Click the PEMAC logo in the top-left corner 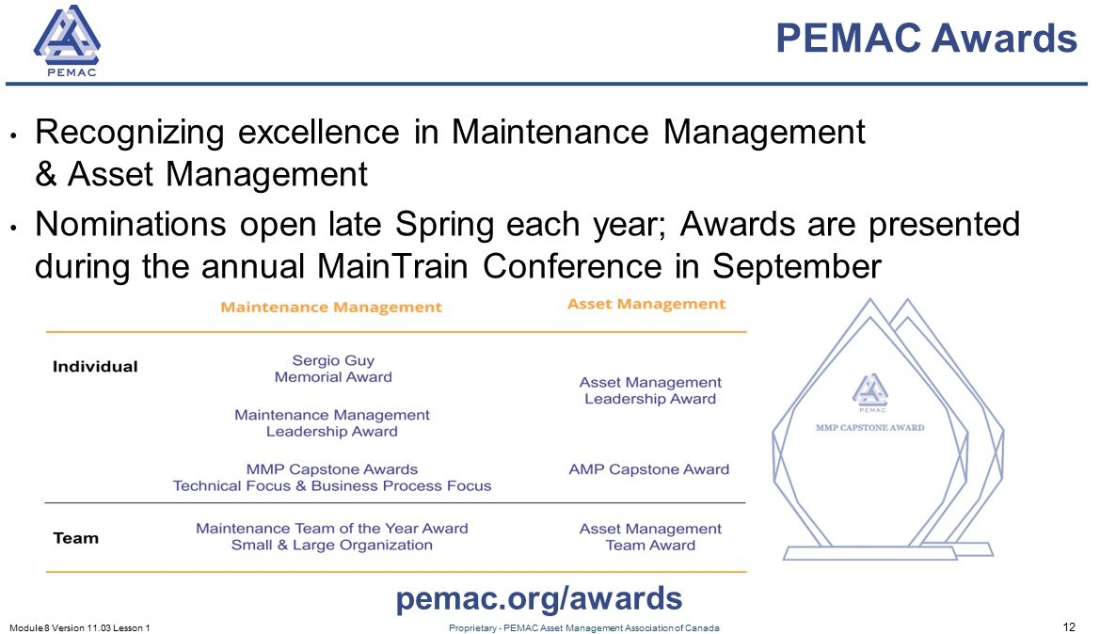(68, 40)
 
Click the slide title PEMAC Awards (926, 38)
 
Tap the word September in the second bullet (796, 266)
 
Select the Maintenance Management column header (331, 308)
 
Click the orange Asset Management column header (646, 304)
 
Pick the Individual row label (95, 366)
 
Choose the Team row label (76, 538)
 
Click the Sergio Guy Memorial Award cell (333, 368)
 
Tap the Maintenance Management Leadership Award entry (332, 423)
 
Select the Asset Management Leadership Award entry (650, 390)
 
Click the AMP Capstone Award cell (649, 469)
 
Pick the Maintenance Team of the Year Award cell (332, 536)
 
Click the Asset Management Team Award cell (650, 536)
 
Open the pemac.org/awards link (539, 598)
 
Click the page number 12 (1069, 627)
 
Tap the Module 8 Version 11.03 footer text (80, 627)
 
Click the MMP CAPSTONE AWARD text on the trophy (869, 427)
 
